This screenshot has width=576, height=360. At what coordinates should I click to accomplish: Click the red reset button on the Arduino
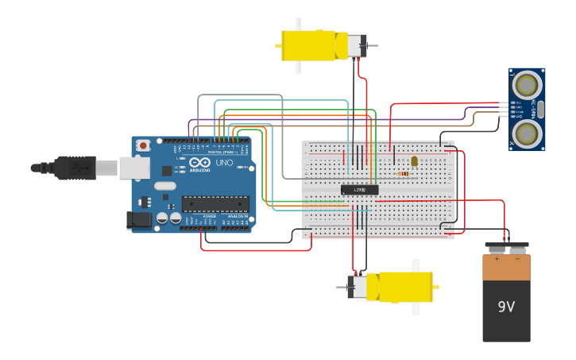[x=143, y=145]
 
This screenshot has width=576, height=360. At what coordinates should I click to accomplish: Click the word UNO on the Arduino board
[x=224, y=163]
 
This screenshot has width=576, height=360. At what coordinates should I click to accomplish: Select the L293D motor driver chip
[x=359, y=189]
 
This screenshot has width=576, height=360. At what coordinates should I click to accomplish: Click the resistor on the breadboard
[x=404, y=173]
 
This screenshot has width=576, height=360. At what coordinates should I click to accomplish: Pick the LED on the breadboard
[x=414, y=161]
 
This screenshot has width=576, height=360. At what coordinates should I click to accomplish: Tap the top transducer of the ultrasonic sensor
[x=526, y=84]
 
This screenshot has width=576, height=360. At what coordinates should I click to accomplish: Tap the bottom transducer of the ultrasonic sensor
[x=526, y=133]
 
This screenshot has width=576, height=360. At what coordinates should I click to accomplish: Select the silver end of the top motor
[x=355, y=45]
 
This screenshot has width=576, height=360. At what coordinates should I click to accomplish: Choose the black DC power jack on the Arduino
[x=140, y=220]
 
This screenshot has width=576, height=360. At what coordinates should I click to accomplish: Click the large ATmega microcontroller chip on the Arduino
[x=215, y=204]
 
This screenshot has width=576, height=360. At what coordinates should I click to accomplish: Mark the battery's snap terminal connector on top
[x=507, y=247]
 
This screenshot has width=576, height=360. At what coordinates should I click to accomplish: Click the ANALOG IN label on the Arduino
[x=237, y=216]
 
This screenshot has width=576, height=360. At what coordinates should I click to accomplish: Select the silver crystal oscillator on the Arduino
[x=164, y=186]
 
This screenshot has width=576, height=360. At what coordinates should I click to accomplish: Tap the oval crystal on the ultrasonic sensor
[x=541, y=109]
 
